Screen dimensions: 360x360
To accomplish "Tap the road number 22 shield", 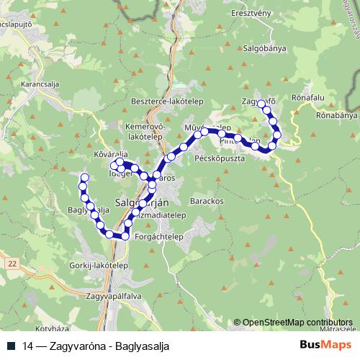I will click(x=13, y=264).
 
